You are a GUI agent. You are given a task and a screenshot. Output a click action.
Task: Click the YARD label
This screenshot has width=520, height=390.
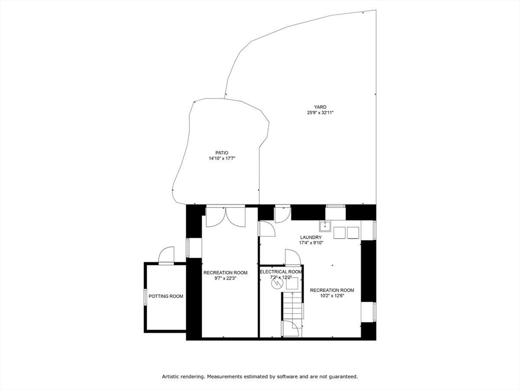[319, 107]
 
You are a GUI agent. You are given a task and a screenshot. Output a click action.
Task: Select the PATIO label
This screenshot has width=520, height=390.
[221, 153]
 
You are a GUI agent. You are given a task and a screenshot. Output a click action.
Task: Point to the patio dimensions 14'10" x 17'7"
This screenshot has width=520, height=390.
[222, 158]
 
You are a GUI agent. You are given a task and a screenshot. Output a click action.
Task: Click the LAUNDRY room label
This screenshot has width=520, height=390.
[311, 237]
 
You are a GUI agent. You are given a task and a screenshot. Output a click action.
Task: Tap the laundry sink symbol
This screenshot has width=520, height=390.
[325, 226]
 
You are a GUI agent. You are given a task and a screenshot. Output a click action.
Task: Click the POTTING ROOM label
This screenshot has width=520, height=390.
[166, 296]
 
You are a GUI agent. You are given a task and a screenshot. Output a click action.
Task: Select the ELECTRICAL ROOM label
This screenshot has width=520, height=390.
[281, 272]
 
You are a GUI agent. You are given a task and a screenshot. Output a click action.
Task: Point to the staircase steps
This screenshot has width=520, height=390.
[292, 306]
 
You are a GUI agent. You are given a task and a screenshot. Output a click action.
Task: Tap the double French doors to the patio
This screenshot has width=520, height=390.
[225, 217]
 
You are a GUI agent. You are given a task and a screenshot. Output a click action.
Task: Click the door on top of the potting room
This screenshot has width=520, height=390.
[167, 255]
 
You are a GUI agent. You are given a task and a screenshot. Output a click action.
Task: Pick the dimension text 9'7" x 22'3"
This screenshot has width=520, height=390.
[225, 278]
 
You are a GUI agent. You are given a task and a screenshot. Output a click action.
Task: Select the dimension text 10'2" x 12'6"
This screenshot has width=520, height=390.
[332, 296]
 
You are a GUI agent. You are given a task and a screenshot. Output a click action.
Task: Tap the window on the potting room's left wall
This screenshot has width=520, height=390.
[145, 296]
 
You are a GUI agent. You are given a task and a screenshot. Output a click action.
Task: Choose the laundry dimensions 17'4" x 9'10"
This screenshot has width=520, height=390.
[311, 243]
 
